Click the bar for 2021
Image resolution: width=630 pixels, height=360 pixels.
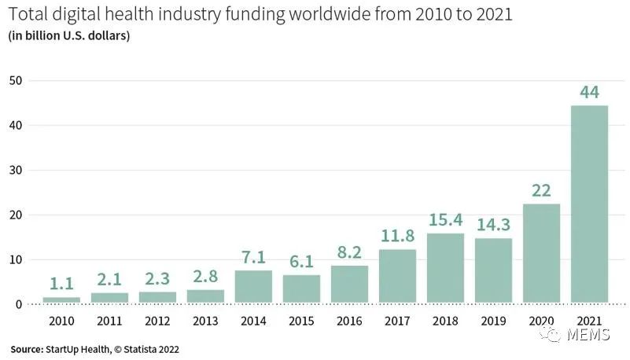[x=589, y=204]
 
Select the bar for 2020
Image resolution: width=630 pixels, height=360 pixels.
[x=541, y=254]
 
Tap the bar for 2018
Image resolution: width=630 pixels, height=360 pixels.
[x=445, y=268]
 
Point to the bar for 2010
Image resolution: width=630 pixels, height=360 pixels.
[x=61, y=300]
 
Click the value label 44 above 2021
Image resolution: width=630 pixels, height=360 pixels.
[x=589, y=93]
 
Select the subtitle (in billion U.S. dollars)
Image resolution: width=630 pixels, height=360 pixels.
[x=69, y=36]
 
